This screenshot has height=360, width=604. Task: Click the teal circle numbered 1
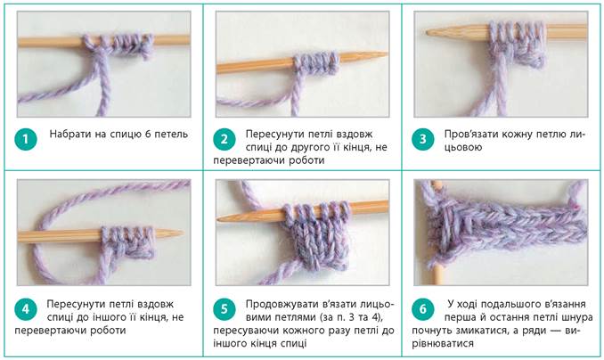(26, 139)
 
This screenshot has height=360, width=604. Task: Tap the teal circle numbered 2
(224, 139)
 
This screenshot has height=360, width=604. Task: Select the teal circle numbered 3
(422, 139)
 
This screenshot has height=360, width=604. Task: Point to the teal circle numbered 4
(26, 309)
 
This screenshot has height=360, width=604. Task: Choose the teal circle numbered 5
(224, 309)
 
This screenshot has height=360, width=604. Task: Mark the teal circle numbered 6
(422, 309)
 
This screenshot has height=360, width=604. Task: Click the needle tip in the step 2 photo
(387, 55)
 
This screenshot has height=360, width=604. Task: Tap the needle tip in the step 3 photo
(428, 33)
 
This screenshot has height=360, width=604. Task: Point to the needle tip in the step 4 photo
(182, 233)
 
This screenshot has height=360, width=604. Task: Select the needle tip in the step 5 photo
(218, 219)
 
